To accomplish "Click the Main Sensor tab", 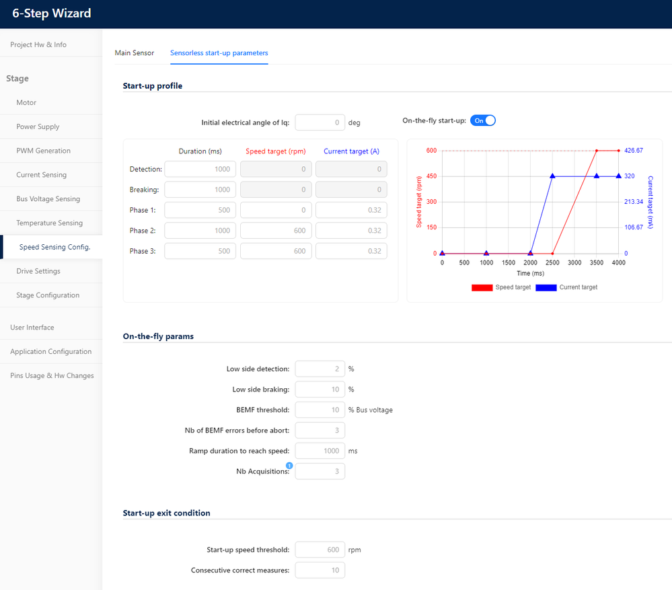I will pyautogui.click(x=135, y=52).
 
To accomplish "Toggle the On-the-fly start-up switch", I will pyautogui.click(x=483, y=120).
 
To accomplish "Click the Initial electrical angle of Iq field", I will pyautogui.click(x=320, y=122).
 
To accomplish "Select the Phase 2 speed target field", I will pyautogui.click(x=276, y=231).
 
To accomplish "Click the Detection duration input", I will pyautogui.click(x=200, y=170).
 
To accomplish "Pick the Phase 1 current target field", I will pyautogui.click(x=351, y=211).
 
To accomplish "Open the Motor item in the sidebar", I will pyautogui.click(x=27, y=102).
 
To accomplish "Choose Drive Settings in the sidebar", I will pyautogui.click(x=38, y=271).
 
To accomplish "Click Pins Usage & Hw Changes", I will pyautogui.click(x=52, y=375).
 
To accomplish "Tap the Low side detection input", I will pyautogui.click(x=320, y=369).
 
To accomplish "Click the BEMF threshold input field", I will pyautogui.click(x=320, y=410).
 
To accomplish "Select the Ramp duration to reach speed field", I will pyautogui.click(x=320, y=451).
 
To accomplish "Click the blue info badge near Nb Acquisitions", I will pyautogui.click(x=289, y=466).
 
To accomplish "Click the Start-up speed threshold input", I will pyautogui.click(x=320, y=550).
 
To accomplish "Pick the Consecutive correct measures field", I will pyautogui.click(x=320, y=570).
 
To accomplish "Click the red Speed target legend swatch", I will pyautogui.click(x=482, y=287).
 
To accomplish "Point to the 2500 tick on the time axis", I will pyautogui.click(x=552, y=262).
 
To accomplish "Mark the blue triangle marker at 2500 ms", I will pyautogui.click(x=552, y=176).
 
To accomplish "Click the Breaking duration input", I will pyautogui.click(x=200, y=190).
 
